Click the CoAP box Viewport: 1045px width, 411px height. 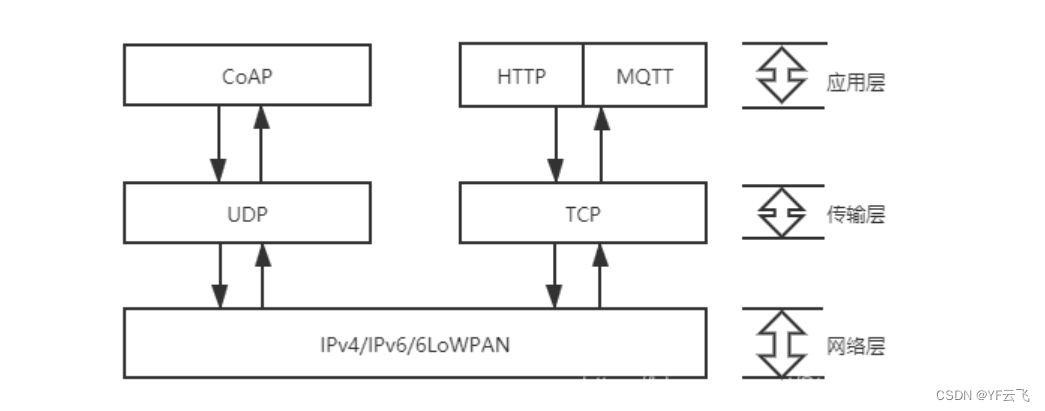tap(246, 75)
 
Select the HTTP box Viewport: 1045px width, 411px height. tap(521, 75)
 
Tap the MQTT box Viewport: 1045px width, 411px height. tap(645, 75)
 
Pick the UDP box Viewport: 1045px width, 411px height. tap(246, 213)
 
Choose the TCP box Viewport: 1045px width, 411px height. tap(582, 213)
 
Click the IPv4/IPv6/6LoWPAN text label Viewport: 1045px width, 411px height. tap(414, 344)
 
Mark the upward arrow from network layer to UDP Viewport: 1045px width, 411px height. tap(262, 276)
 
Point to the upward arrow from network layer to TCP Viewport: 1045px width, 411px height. tap(600, 276)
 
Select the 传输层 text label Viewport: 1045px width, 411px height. tap(857, 215)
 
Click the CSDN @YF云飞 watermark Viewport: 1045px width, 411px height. tap(983, 396)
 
